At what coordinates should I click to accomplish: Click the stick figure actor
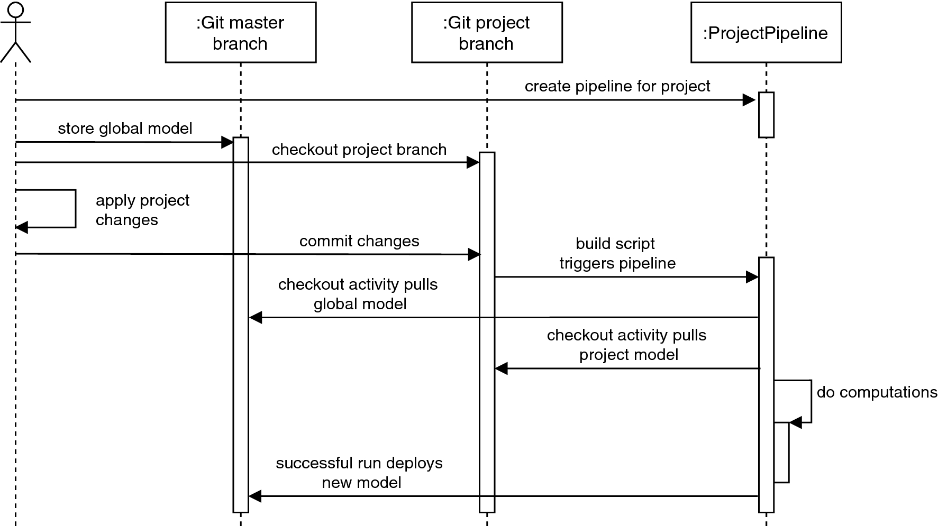[x=16, y=32]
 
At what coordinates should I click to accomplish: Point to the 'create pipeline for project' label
[x=617, y=86]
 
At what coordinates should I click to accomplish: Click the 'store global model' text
[x=125, y=128]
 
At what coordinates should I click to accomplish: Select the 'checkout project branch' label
[x=359, y=150]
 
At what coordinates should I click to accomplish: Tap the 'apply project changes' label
[x=142, y=210]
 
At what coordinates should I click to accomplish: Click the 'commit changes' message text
[x=359, y=241]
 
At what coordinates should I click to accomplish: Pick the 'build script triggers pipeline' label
[x=617, y=253]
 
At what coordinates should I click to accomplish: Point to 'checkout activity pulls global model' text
[x=358, y=294]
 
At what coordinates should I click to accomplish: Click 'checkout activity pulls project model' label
[x=627, y=345]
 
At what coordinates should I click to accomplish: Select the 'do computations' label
[x=877, y=392]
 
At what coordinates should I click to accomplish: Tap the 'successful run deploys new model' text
[x=359, y=473]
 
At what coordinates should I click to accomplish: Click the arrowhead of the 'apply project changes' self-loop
[x=21, y=228]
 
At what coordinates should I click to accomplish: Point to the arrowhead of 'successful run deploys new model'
[x=255, y=496]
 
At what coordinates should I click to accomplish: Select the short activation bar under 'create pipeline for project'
[x=766, y=115]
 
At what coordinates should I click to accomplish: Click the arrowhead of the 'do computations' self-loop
[x=796, y=422]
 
